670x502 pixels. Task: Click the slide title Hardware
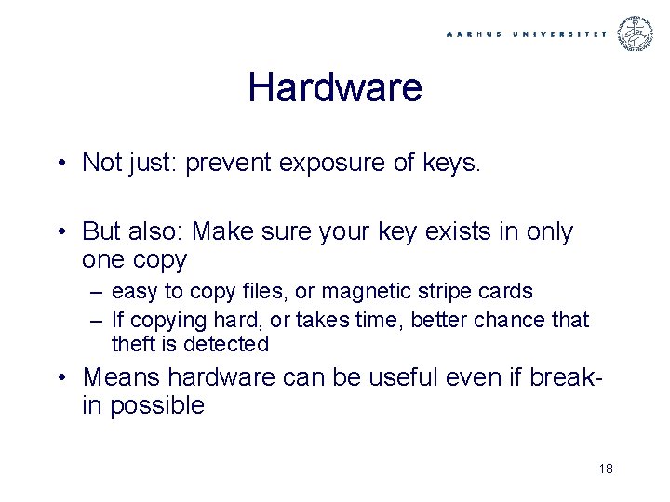coord(335,88)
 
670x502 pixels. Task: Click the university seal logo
coord(637,33)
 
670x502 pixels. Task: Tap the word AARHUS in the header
coord(475,34)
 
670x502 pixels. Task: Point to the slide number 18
coord(607,469)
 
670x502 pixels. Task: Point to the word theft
coord(134,345)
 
